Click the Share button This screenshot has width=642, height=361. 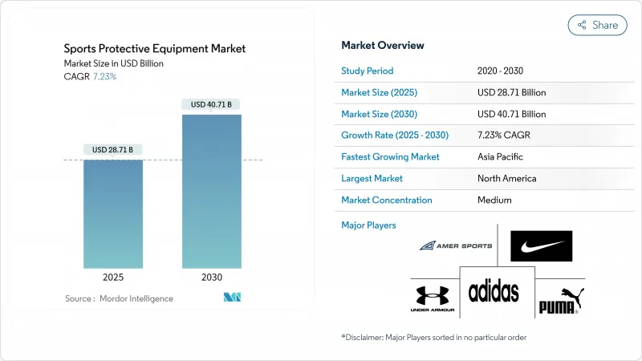(597, 25)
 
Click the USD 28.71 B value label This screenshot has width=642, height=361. (112, 150)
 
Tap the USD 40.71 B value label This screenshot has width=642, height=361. (211, 104)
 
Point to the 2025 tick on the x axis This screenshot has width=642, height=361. (112, 277)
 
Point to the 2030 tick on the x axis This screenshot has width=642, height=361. (211, 277)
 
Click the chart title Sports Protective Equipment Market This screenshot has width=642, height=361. (155, 49)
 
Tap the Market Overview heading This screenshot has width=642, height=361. (383, 45)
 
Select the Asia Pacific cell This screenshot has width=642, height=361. (501, 157)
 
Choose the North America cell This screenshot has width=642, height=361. (506, 178)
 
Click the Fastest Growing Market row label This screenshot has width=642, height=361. (390, 157)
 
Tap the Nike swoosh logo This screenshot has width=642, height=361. (542, 246)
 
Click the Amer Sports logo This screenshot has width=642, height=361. (455, 245)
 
